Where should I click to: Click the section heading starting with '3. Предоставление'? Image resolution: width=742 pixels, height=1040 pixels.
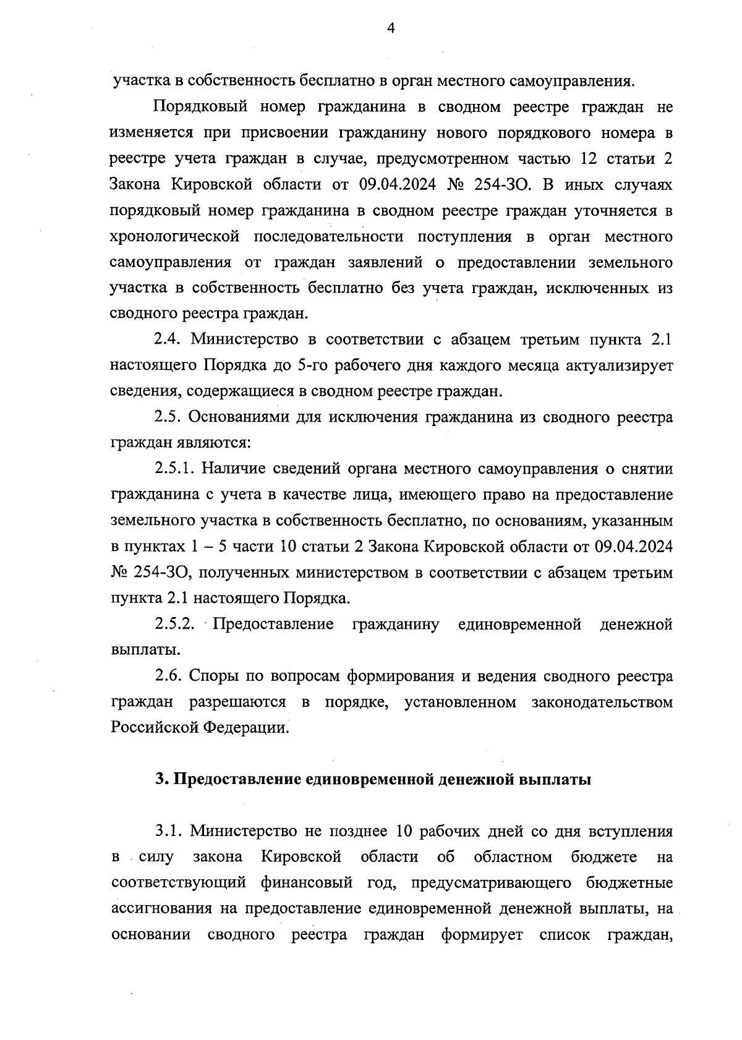pyautogui.click(x=373, y=780)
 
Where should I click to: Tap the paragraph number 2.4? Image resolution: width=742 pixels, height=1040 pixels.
pyautogui.click(x=168, y=339)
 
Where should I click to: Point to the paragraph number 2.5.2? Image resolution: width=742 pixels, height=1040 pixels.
pyautogui.click(x=175, y=624)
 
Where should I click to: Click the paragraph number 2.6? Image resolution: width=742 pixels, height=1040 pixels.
pyautogui.click(x=168, y=676)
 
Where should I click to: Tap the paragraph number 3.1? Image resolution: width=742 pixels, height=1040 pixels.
pyautogui.click(x=168, y=832)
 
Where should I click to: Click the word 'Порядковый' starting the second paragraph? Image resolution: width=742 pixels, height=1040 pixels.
pyautogui.click(x=197, y=107)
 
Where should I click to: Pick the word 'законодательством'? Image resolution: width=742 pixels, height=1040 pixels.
pyautogui.click(x=602, y=702)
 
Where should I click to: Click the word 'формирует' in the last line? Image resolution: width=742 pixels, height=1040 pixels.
pyautogui.click(x=482, y=936)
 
